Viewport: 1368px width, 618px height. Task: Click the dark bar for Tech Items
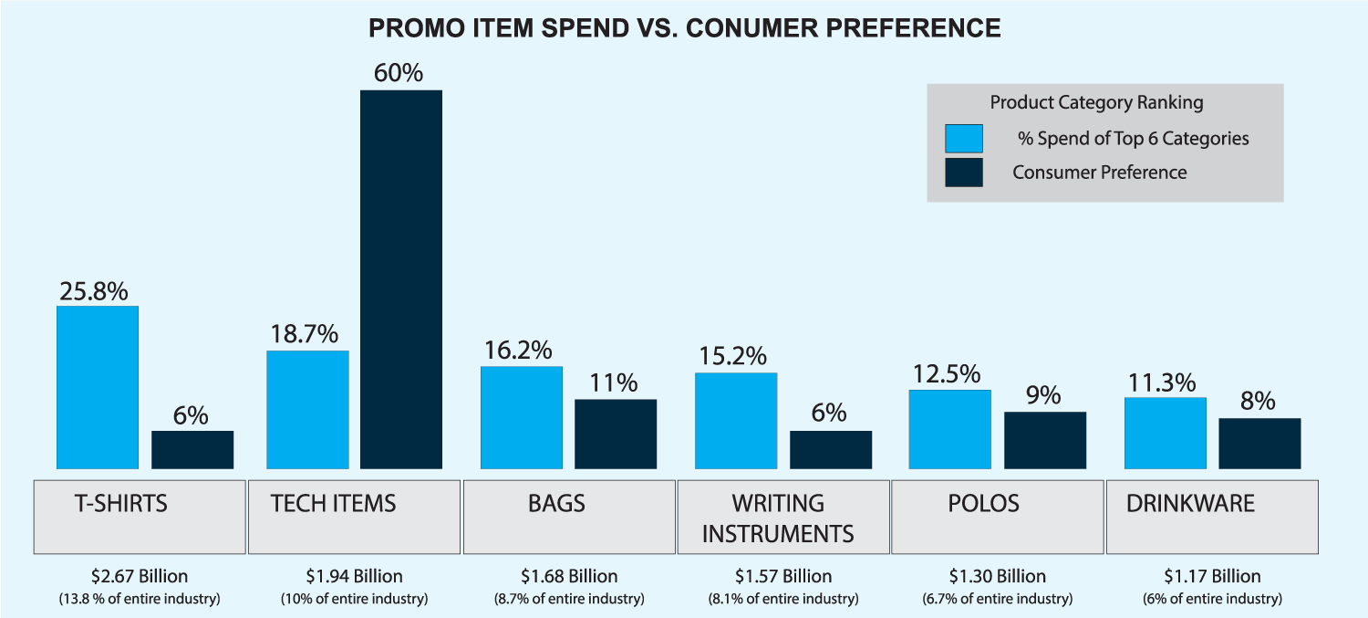pyautogui.click(x=401, y=279)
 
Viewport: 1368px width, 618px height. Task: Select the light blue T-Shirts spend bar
pyautogui.click(x=98, y=387)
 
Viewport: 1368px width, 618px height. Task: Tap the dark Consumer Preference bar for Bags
pyautogui.click(x=616, y=434)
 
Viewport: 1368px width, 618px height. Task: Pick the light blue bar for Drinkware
pyautogui.click(x=1165, y=433)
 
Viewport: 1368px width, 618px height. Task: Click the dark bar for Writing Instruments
pyautogui.click(x=831, y=449)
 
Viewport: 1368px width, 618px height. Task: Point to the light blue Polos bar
pyautogui.click(x=949, y=429)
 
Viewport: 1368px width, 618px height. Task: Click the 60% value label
pyautogui.click(x=399, y=72)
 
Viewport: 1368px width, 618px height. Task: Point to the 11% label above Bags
pyautogui.click(x=614, y=382)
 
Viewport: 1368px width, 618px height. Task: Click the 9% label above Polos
pyautogui.click(x=1043, y=395)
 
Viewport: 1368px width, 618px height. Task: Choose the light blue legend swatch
pyautogui.click(x=964, y=139)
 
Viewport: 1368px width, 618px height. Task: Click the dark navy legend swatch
pyautogui.click(x=964, y=173)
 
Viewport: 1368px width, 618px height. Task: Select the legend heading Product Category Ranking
pyautogui.click(x=1096, y=102)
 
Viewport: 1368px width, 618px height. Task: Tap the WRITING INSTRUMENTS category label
pyautogui.click(x=778, y=518)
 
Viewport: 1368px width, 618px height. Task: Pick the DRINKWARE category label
pyautogui.click(x=1190, y=503)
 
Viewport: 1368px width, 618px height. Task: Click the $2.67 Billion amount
pyautogui.click(x=140, y=576)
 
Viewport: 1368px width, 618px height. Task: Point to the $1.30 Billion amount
pyautogui.click(x=998, y=576)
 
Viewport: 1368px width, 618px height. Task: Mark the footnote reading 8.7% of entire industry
pyautogui.click(x=569, y=599)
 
